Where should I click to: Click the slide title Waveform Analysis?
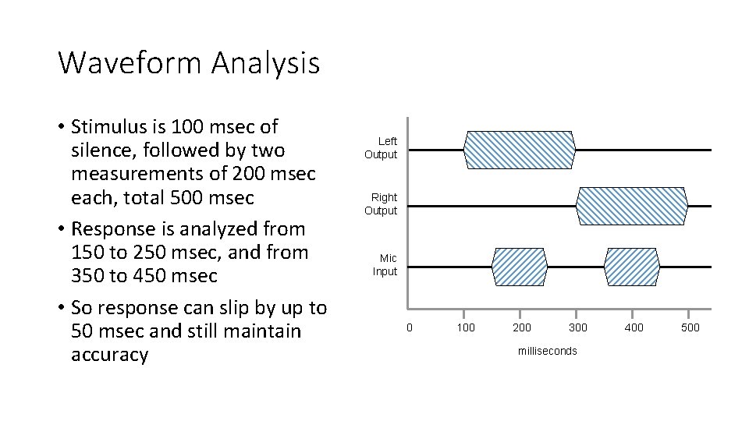click(x=189, y=63)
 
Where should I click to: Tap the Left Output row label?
click(x=381, y=148)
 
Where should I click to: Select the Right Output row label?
click(x=381, y=204)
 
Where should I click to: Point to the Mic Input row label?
click(x=385, y=265)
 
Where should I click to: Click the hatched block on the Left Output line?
click(x=520, y=150)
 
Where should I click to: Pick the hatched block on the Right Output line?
click(x=632, y=206)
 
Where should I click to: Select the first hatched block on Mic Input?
click(x=519, y=267)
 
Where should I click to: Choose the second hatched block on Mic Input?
click(x=632, y=267)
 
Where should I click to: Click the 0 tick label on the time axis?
click(x=409, y=327)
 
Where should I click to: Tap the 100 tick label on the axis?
click(x=466, y=327)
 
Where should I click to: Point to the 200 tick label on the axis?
click(x=522, y=327)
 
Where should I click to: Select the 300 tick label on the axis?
click(x=577, y=327)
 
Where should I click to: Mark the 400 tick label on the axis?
click(x=634, y=327)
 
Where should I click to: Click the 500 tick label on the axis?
click(x=690, y=327)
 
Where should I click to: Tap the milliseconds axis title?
click(x=548, y=351)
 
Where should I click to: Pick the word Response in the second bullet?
click(x=110, y=229)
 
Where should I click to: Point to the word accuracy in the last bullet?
click(x=109, y=355)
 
